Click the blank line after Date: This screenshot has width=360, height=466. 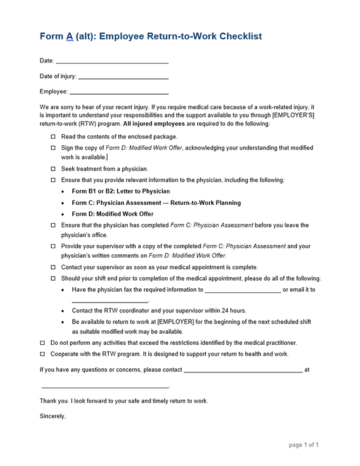[112, 61]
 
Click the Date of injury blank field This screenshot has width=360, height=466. [123, 76]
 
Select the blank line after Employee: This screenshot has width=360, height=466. [119, 92]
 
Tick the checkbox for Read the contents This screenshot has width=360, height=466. [54, 137]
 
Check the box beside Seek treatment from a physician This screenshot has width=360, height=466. [54, 169]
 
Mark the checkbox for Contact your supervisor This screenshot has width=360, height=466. [54, 267]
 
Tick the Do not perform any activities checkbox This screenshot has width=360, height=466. [42, 342]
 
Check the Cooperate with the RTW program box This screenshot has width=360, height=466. [42, 354]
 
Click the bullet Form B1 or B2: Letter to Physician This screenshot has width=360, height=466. [121, 191]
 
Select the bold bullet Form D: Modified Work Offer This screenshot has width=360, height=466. [112, 214]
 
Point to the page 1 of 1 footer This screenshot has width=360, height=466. [304, 445]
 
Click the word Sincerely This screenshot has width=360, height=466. [53, 416]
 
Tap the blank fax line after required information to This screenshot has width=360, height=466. [242, 291]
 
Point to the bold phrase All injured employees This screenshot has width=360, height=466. [154, 124]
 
